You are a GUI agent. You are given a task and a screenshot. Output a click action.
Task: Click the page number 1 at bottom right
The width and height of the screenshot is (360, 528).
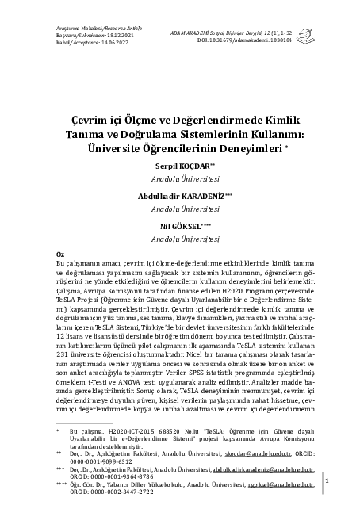(x=327, y=480)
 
